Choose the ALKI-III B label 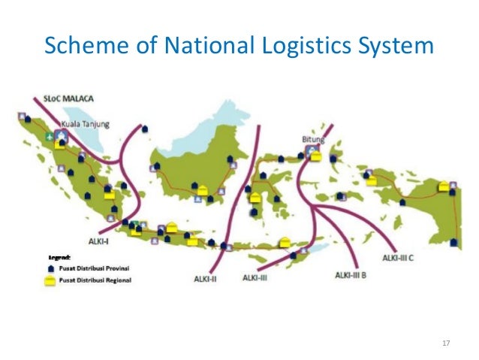click(351, 274)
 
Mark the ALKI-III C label click(400, 258)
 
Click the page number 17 click(446, 343)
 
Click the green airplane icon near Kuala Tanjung click(50, 138)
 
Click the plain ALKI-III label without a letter click(257, 277)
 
